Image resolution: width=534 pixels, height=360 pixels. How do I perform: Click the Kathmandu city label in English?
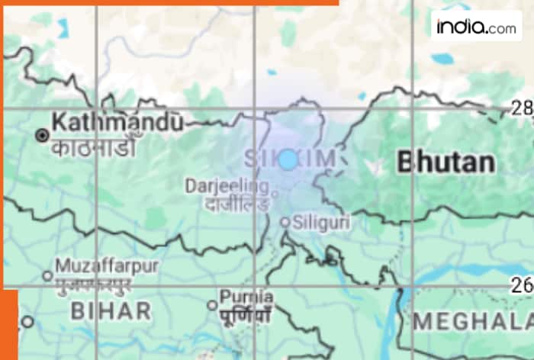(117, 121)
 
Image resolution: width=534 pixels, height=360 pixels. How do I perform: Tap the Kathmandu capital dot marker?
(42, 135)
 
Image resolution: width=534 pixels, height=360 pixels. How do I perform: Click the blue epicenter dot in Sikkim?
(288, 159)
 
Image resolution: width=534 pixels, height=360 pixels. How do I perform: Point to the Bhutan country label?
(446, 162)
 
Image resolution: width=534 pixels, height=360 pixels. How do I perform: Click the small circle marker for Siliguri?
(285, 222)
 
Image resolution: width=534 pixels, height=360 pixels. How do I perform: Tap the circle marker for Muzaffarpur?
(47, 275)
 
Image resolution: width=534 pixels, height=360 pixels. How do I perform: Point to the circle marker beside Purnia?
(212, 305)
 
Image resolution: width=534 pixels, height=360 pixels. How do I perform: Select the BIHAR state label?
(111, 310)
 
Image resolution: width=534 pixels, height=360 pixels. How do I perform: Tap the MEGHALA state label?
(474, 319)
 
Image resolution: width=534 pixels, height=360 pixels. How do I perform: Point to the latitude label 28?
(523, 109)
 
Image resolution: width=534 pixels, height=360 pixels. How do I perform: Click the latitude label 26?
(523, 286)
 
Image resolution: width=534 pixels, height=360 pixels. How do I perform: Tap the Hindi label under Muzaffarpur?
(93, 284)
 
